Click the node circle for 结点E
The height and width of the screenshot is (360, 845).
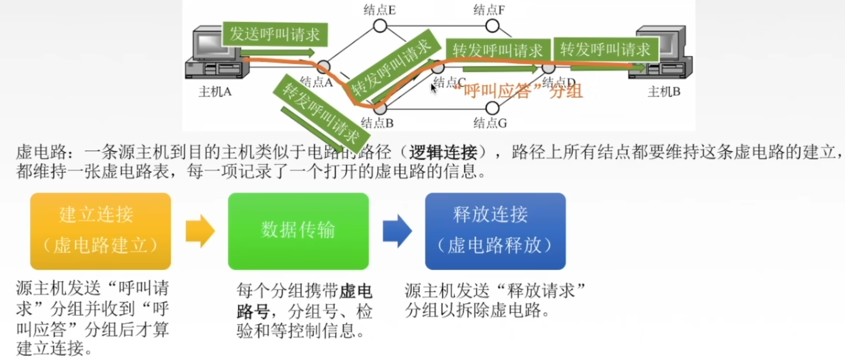(x=380, y=26)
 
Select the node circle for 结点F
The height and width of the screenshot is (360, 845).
(x=492, y=26)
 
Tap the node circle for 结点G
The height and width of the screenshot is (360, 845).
(x=492, y=107)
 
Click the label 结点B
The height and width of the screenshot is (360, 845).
(x=377, y=123)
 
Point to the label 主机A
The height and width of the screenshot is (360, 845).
(x=215, y=92)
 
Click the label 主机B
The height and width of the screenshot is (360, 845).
(x=664, y=92)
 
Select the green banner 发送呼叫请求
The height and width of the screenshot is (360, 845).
(x=274, y=34)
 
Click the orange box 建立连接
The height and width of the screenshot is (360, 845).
(x=100, y=231)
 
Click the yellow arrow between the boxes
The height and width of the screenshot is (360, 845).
(x=200, y=231)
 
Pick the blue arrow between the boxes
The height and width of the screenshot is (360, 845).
(x=397, y=231)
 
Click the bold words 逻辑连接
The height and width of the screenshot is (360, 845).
(x=443, y=152)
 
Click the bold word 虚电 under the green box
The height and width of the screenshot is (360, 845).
(x=356, y=291)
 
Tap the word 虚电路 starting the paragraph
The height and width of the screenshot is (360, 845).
(x=41, y=152)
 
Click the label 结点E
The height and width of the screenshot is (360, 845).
(x=379, y=10)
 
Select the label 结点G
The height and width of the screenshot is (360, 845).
(x=490, y=123)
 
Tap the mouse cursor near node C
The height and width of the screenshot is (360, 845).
(x=433, y=87)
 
